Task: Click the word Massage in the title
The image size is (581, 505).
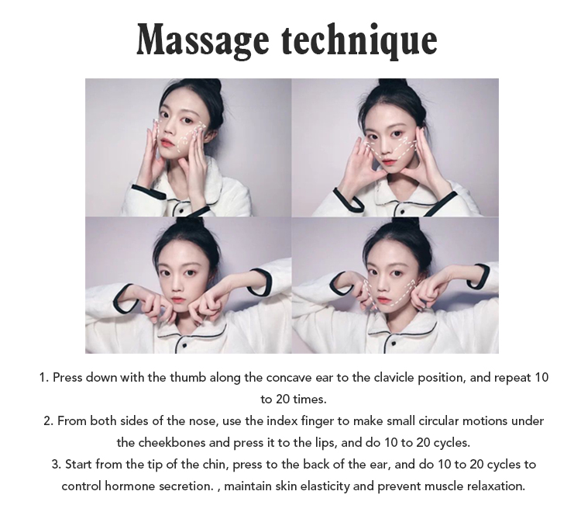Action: click(203, 40)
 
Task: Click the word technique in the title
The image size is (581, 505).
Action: click(359, 40)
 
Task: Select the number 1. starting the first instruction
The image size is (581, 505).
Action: click(44, 378)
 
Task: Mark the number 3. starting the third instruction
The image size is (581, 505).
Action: click(57, 465)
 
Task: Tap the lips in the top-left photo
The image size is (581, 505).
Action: click(165, 142)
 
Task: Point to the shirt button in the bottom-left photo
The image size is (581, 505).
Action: click(184, 346)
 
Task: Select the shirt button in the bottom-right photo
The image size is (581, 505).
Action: click(393, 346)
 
